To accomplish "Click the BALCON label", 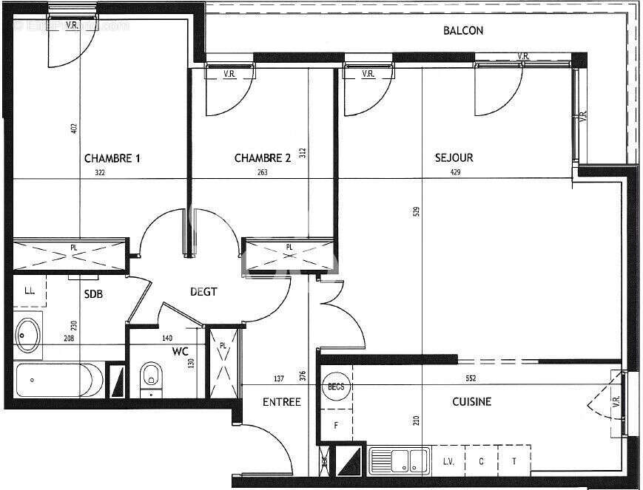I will click(x=463, y=30).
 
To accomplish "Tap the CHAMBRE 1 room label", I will click(x=112, y=158).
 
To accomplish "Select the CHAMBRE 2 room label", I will click(x=263, y=158).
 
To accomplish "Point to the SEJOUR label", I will click(x=454, y=157).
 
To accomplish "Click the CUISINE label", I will click(x=471, y=402).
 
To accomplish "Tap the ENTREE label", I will click(x=282, y=402).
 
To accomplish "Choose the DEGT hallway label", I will click(x=203, y=292).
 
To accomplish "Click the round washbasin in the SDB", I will click(x=29, y=335).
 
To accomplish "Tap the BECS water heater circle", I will click(x=336, y=386).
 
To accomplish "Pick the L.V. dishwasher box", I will click(x=448, y=461).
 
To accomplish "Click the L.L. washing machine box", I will click(x=30, y=290).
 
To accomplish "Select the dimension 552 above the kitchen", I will click(x=471, y=378).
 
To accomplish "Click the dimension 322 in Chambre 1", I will click(x=100, y=173).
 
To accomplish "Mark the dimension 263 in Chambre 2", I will click(x=262, y=173).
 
